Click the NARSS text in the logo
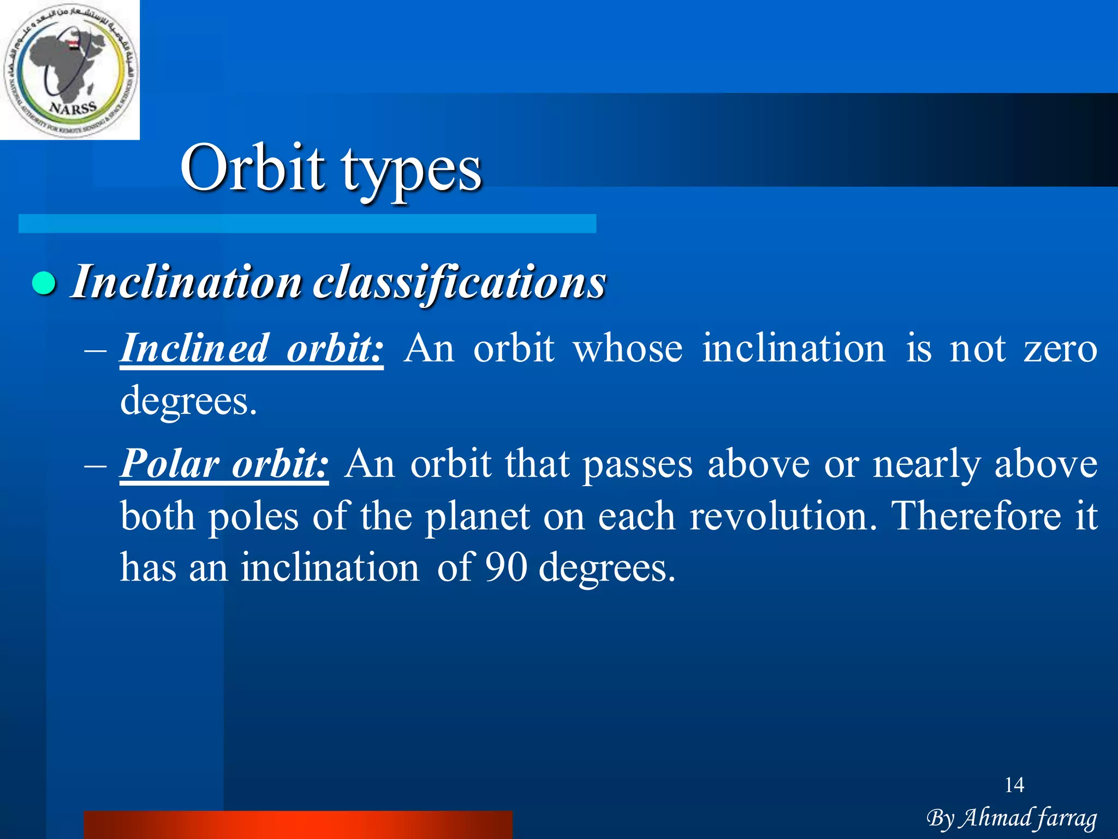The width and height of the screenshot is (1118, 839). click(73, 108)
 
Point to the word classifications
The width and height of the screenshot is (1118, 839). click(459, 282)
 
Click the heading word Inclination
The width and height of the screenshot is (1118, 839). click(186, 282)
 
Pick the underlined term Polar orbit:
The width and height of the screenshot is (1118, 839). click(224, 464)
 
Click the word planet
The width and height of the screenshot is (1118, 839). click(477, 517)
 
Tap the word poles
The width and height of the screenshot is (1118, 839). click(253, 517)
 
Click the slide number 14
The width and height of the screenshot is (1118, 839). click(1014, 785)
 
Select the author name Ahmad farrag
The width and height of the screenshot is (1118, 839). click(1028, 818)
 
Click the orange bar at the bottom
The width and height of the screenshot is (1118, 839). click(298, 825)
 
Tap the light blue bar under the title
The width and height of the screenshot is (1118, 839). click(307, 223)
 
